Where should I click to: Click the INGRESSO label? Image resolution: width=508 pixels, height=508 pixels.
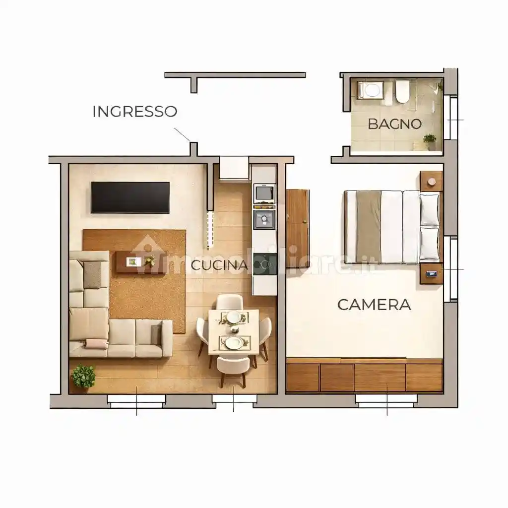[134, 111]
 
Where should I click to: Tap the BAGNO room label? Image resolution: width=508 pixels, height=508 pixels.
[394, 124]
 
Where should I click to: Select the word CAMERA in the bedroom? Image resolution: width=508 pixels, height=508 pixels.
[374, 304]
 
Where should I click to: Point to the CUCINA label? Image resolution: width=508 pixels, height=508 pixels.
[219, 265]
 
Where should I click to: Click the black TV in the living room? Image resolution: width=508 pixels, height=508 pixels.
[130, 197]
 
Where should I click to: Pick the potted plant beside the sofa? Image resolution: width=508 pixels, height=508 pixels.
[83, 377]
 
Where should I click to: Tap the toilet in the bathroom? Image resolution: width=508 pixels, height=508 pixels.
[402, 91]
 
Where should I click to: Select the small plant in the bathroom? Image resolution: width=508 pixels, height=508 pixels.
[430, 140]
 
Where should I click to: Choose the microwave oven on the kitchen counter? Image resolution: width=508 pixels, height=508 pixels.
[264, 192]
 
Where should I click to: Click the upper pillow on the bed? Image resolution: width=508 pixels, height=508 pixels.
[430, 209]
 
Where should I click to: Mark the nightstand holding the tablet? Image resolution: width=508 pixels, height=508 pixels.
[431, 273]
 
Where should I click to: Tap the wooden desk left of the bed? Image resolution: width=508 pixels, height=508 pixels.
[298, 221]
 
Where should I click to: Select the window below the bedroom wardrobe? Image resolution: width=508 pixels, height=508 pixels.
[386, 401]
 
